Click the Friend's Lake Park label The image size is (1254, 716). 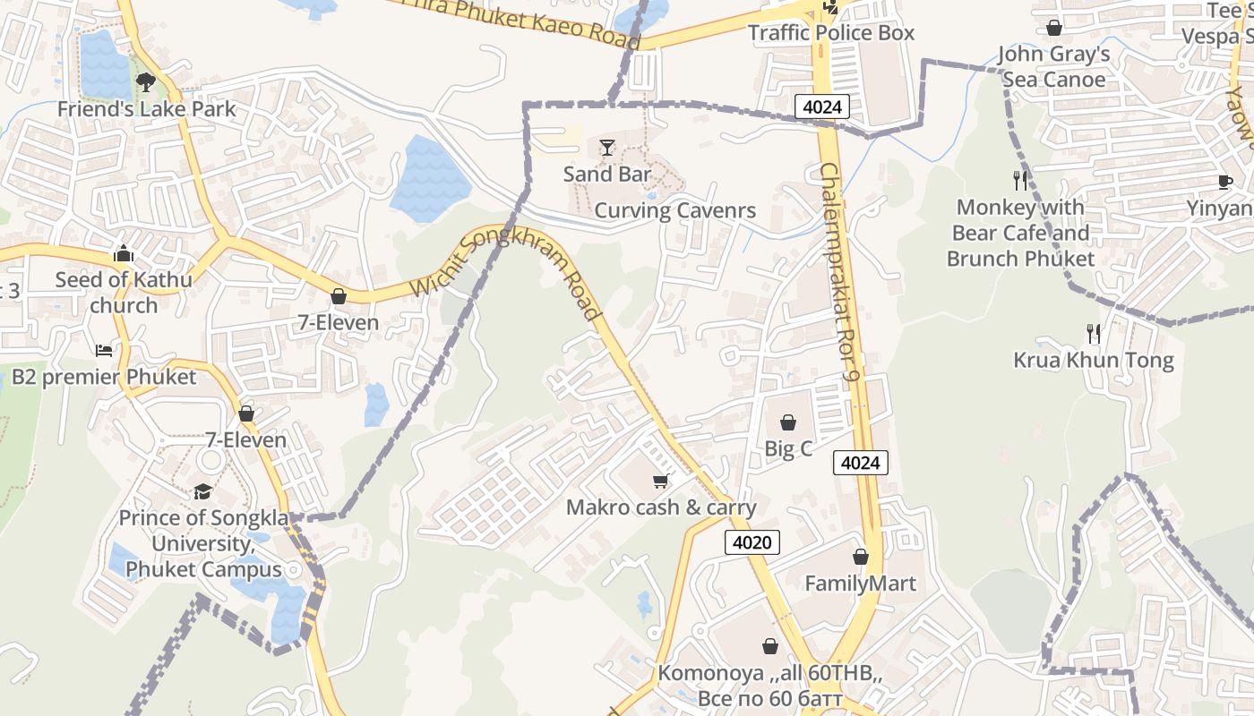pyautogui.click(x=146, y=109)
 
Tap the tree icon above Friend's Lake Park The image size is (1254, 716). pyautogui.click(x=145, y=83)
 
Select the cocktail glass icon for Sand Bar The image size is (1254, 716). pyautogui.click(x=607, y=148)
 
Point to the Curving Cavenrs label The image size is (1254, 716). pyautogui.click(x=675, y=211)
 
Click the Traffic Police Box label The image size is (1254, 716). pyautogui.click(x=831, y=33)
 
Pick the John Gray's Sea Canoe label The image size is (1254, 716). pyautogui.click(x=1053, y=67)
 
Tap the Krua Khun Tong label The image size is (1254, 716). pyautogui.click(x=1093, y=361)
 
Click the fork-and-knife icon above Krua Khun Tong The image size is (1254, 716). pyautogui.click(x=1093, y=334)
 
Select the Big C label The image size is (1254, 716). pyautogui.click(x=788, y=448)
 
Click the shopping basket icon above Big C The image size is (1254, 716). pyautogui.click(x=788, y=422)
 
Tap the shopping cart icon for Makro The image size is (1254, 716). pyautogui.click(x=661, y=482)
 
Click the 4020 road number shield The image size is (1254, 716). pyautogui.click(x=752, y=541)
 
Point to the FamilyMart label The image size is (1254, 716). pyautogui.click(x=860, y=584)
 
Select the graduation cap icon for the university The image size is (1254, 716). pyautogui.click(x=203, y=491)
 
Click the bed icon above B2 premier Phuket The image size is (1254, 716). pyautogui.click(x=104, y=350)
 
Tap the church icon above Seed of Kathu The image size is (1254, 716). pyautogui.click(x=124, y=254)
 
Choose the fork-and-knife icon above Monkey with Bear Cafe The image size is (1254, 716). pyautogui.click(x=1020, y=181)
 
